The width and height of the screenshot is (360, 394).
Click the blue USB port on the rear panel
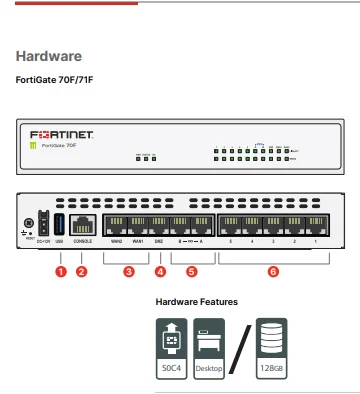click(59, 223)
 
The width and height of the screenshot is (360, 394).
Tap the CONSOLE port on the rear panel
click(84, 224)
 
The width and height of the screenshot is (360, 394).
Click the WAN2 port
click(117, 224)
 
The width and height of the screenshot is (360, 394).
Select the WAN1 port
click(138, 224)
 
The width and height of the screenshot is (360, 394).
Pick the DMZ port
click(160, 224)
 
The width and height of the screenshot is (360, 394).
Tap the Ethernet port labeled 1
click(316, 224)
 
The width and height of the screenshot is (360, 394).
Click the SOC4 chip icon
click(171, 343)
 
